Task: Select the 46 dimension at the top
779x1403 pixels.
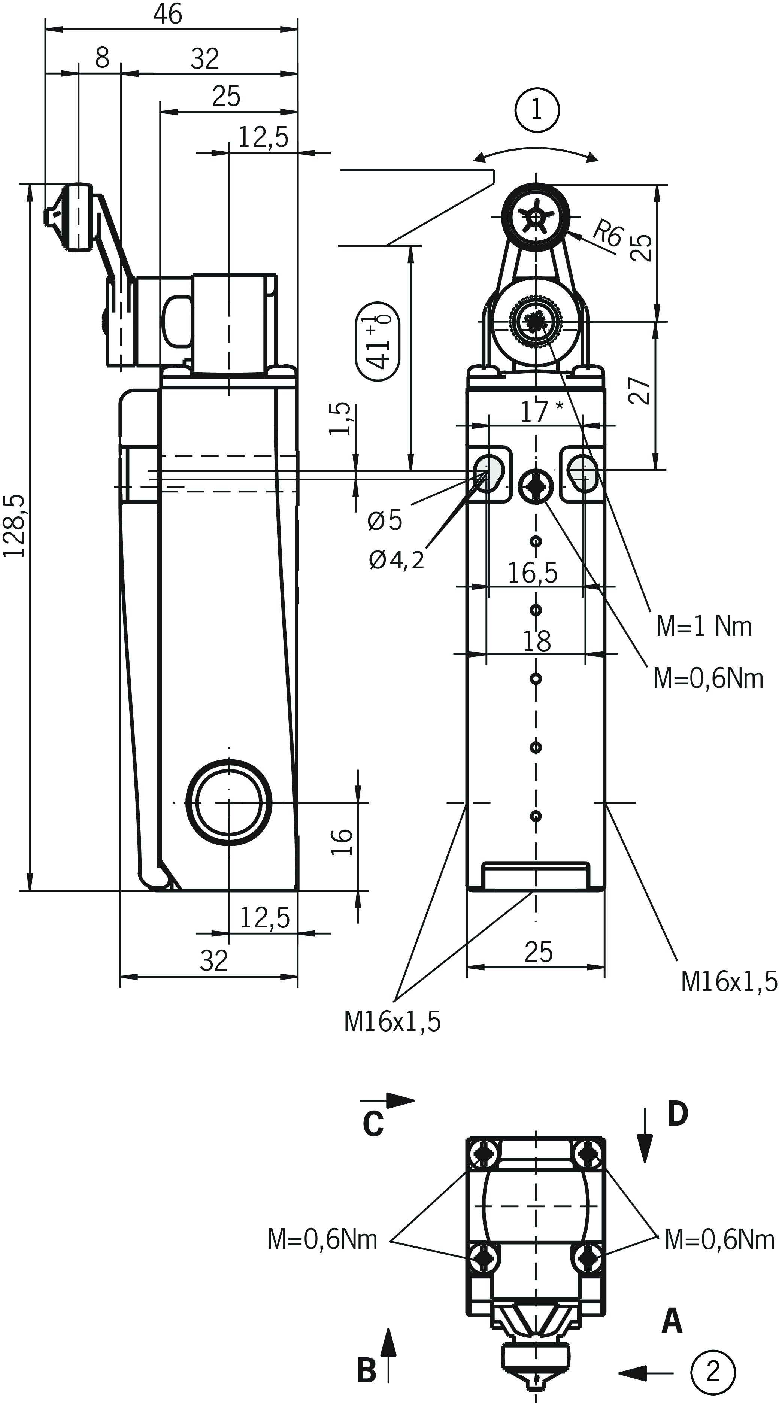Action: (168, 14)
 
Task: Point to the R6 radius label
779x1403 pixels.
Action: (606, 234)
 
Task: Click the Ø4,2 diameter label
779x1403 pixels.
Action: (396, 560)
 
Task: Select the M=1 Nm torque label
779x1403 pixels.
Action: (703, 627)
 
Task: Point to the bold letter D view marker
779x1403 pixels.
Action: (678, 1114)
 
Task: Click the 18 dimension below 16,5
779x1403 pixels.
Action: (537, 641)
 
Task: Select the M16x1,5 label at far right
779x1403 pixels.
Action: (729, 981)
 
